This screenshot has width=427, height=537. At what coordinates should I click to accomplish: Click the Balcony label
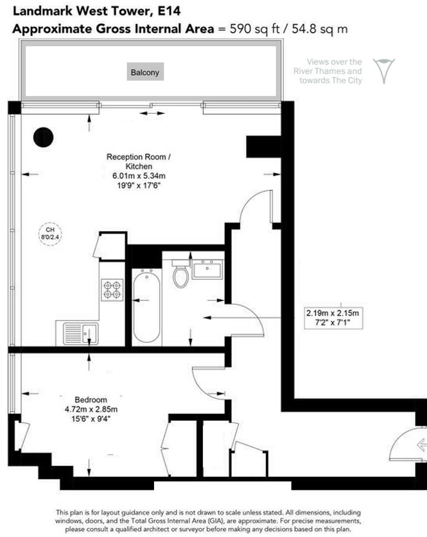145,72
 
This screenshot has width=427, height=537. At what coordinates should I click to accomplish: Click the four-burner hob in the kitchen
112,290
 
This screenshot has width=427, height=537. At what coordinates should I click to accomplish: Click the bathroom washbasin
207,270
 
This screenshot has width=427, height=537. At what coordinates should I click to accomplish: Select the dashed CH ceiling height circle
50,234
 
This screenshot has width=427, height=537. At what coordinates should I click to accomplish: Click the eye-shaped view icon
384,70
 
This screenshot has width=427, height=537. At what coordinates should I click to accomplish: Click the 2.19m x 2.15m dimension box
333,318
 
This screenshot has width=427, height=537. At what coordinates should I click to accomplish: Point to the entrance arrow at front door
422,445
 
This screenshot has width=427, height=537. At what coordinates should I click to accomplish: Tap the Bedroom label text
91,399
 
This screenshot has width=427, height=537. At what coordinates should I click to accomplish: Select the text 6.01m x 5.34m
139,176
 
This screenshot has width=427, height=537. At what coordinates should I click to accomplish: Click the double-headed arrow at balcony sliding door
152,113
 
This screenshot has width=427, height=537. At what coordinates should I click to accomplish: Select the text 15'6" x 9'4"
91,419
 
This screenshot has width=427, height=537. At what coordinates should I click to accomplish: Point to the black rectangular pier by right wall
263,147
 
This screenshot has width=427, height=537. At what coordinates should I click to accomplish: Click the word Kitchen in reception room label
139,166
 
